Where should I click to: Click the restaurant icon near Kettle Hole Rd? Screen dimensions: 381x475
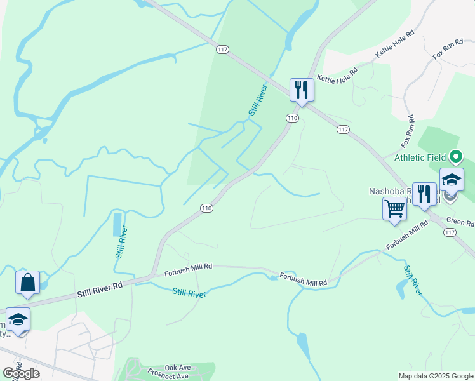pyautogui.click(x=302, y=90)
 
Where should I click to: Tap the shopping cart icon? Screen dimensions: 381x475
pyautogui.click(x=394, y=208)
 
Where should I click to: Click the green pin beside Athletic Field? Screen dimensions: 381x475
pyautogui.click(x=455, y=156)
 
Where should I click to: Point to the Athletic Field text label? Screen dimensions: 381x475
pyautogui.click(x=421, y=157)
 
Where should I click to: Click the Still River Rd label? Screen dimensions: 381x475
pyautogui.click(x=100, y=290)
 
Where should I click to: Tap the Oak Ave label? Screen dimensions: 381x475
pyautogui.click(x=178, y=368)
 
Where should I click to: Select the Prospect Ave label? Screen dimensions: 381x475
pyautogui.click(x=168, y=376)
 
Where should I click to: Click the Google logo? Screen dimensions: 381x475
pyautogui.click(x=21, y=373)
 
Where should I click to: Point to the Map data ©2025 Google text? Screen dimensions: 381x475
pyautogui.click(x=436, y=376)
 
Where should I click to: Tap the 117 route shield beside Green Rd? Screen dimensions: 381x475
pyautogui.click(x=450, y=232)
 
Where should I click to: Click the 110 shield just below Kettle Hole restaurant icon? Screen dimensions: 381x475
pyautogui.click(x=292, y=118)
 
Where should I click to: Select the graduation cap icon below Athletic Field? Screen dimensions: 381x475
pyautogui.click(x=452, y=180)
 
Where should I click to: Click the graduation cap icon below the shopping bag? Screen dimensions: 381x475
pyautogui.click(x=18, y=319)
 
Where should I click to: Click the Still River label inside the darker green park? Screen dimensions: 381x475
pyautogui.click(x=257, y=100)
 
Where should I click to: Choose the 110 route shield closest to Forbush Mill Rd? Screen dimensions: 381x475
pyautogui.click(x=206, y=208)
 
